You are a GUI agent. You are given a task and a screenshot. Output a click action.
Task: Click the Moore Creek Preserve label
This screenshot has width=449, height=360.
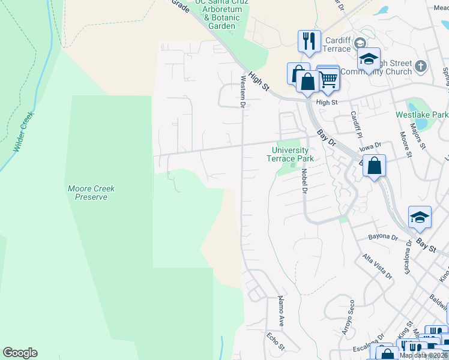point(91,193)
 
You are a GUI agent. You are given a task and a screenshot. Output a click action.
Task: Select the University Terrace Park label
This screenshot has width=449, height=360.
point(293,155)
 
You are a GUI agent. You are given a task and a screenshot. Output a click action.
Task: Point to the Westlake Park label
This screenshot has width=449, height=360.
point(421,114)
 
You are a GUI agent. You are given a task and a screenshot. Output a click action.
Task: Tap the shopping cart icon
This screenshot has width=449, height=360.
point(328,78)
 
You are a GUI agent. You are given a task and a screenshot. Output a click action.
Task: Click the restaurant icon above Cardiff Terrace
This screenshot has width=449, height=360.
point(309,41)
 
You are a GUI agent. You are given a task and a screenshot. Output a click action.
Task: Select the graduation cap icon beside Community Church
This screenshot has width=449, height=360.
point(369,59)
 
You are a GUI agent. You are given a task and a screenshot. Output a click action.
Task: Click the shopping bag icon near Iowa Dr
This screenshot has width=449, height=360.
point(374,166)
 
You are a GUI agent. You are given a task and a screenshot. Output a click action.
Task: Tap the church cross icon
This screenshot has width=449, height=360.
point(421,65)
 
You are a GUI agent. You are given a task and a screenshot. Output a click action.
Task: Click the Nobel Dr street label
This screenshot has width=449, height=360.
point(304,181)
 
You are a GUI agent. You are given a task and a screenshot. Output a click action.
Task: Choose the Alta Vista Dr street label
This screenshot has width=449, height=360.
point(376,266)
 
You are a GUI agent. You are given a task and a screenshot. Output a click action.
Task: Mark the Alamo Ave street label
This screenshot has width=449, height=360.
point(280,307)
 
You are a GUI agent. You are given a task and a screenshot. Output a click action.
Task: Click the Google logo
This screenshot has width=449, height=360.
point(20,353)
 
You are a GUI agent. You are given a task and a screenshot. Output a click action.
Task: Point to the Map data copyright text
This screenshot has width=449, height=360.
point(424,355)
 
